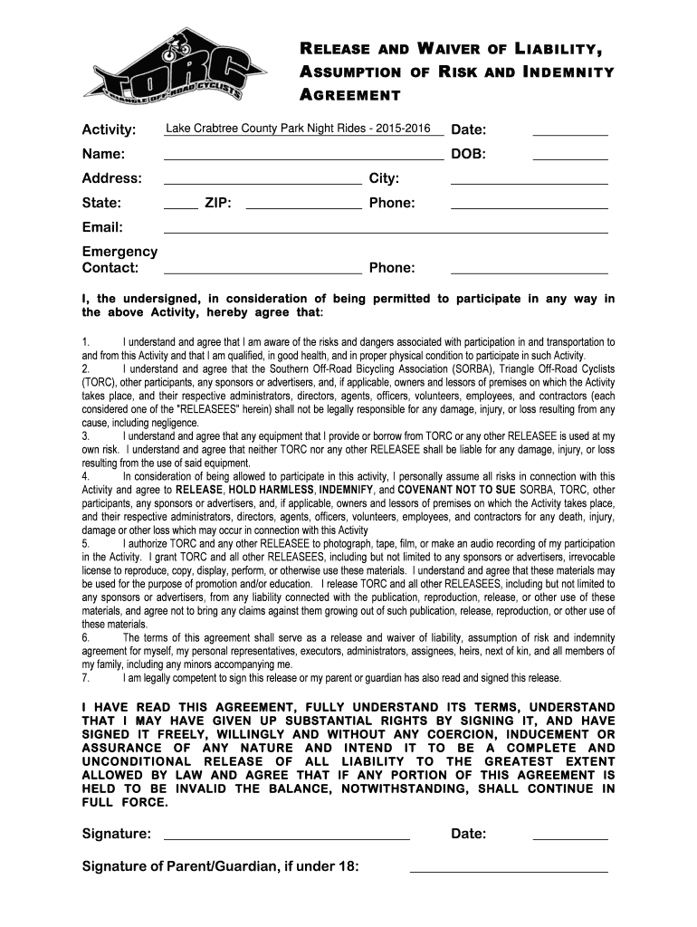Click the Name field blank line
click(303, 158)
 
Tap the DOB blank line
click(569, 158)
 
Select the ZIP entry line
click(303, 206)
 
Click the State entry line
click(180, 206)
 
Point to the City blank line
click(529, 182)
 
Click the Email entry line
click(385, 231)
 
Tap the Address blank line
click(262, 182)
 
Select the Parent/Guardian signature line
click(509, 871)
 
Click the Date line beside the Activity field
click(569, 134)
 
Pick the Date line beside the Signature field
click(569, 837)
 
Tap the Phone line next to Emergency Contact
click(529, 272)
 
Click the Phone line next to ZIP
click(529, 206)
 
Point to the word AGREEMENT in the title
click(351, 95)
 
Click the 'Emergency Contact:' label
click(119, 259)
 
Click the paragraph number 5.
click(85, 543)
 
